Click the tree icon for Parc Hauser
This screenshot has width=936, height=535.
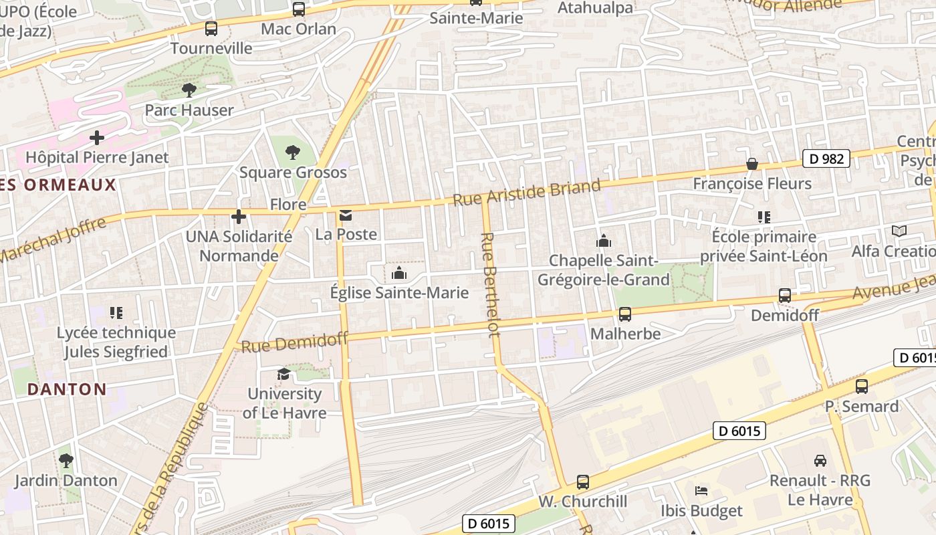(x=189, y=90)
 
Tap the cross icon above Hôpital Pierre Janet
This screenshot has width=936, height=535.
(x=97, y=138)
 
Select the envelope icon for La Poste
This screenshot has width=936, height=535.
(x=346, y=215)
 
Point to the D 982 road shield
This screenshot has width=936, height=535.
(x=826, y=158)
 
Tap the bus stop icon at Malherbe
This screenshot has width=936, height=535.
(x=625, y=314)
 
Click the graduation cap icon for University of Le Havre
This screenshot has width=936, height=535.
(x=284, y=374)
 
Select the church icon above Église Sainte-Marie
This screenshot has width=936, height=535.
(x=399, y=273)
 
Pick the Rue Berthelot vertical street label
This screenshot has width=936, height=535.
(x=489, y=284)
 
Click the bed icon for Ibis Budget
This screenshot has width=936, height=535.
(x=701, y=491)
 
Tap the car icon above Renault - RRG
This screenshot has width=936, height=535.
(x=820, y=460)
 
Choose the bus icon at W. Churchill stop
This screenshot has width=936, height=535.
(x=583, y=481)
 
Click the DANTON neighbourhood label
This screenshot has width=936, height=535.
(x=67, y=389)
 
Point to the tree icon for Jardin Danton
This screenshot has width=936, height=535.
(x=66, y=460)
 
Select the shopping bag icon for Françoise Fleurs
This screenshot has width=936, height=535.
(x=752, y=164)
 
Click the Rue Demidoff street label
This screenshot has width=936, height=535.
(x=294, y=342)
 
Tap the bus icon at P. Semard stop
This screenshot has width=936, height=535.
(x=862, y=386)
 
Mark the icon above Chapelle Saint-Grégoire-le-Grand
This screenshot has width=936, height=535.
(x=604, y=241)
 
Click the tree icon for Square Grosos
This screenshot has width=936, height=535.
(x=292, y=152)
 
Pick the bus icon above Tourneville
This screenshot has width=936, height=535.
(x=211, y=28)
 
